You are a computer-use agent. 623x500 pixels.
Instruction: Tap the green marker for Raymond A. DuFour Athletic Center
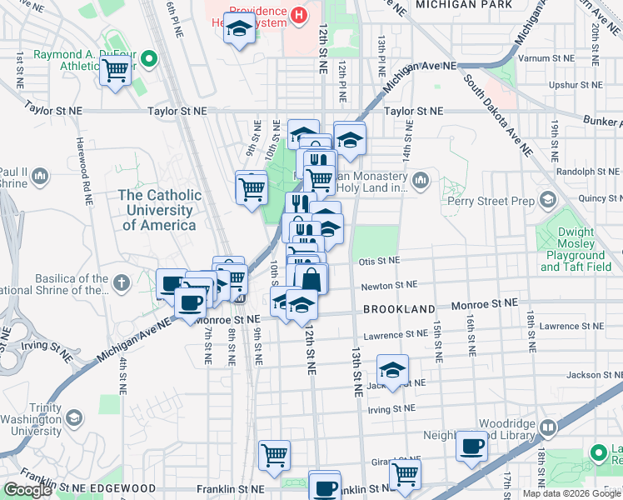coord(149,59)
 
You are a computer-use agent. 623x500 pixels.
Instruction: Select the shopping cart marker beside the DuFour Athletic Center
coord(114,72)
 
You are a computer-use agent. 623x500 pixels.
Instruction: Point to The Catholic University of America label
coord(159,210)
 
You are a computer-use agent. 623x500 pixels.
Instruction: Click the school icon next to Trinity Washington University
coord(73,417)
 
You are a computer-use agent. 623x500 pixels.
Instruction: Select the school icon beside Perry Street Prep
coord(547,200)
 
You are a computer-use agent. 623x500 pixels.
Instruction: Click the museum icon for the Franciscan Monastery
coord(421,180)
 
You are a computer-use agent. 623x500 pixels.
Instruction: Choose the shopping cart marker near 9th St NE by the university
coord(252,187)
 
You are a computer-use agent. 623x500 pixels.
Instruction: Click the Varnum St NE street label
coord(547,59)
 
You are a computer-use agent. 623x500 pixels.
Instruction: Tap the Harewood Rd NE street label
coord(86,172)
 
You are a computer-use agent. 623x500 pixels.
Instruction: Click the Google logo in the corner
coord(28,490)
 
